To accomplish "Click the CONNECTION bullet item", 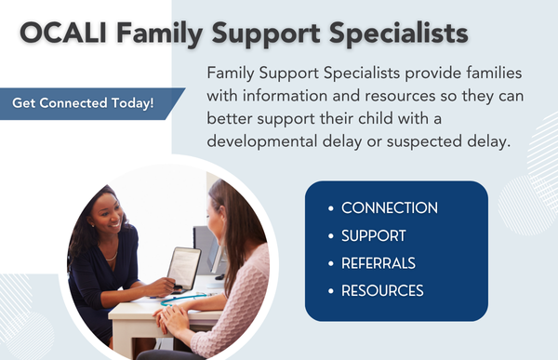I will [389, 207].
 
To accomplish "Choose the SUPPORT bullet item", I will [373, 235].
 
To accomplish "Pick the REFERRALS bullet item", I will [378, 262].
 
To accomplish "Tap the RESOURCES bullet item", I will [382, 290].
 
